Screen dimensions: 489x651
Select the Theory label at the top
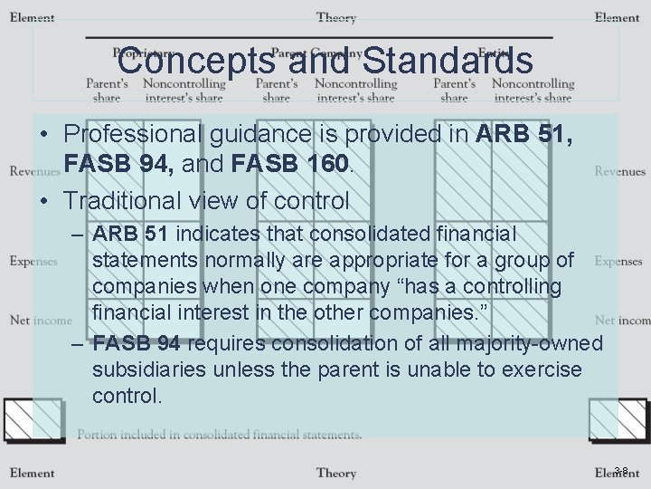coord(335,17)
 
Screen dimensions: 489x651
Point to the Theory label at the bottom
coord(335,472)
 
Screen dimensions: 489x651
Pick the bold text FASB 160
coord(288,165)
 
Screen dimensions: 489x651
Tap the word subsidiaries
coord(144,370)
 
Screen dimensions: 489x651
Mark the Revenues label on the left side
coord(33,171)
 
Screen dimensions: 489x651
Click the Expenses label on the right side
coord(619,262)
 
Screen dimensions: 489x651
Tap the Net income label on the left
coord(41,320)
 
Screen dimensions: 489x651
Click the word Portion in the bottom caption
coord(98,435)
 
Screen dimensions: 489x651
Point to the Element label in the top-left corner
coord(32,17)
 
